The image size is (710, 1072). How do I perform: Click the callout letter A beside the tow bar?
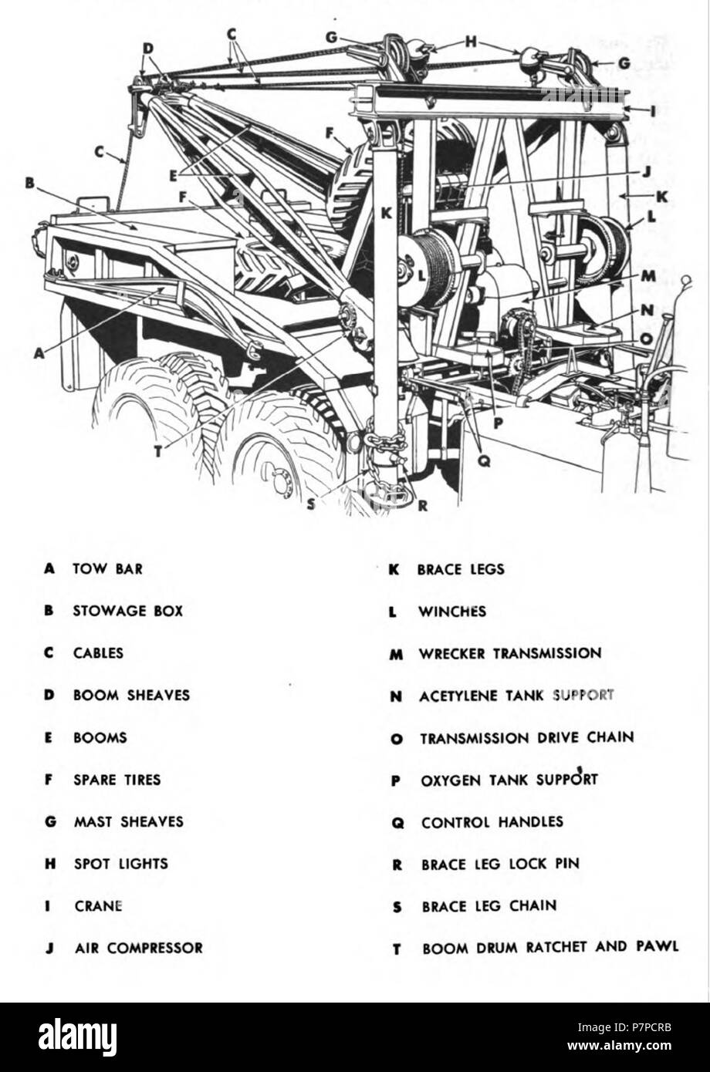pos(39,352)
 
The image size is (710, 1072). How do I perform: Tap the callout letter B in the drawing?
pos(29,184)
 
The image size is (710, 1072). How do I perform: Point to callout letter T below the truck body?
pos(158,451)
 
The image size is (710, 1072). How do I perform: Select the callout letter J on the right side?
pos(646,172)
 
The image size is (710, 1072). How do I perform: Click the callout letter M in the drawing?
pos(648,275)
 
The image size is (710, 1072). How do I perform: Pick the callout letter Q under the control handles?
pos(485,460)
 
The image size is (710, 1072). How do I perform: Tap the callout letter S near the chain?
pos(311,504)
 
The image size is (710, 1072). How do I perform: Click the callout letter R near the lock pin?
pos(422,506)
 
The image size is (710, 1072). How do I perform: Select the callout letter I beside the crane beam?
pos(652,112)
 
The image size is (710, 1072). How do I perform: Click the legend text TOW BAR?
pos(108,569)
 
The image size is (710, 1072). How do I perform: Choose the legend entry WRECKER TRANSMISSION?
pos(510,654)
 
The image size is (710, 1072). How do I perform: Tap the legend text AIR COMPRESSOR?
pos(139,948)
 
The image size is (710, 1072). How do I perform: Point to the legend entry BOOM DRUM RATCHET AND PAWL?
pos(550,947)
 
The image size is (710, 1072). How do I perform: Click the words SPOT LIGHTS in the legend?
pos(121,864)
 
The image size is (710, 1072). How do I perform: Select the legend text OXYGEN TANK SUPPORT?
pos(509,780)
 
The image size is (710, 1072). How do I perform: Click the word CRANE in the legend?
pos(99,906)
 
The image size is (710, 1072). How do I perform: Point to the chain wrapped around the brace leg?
pos(384,443)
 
